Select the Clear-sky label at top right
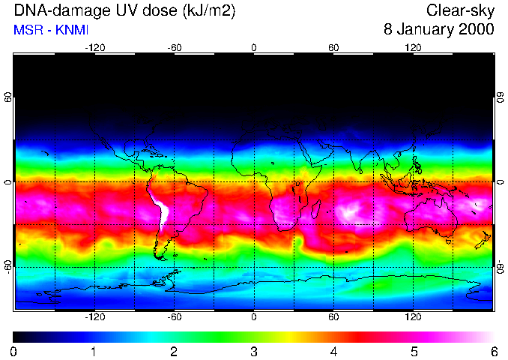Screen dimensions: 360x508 click(x=460, y=10)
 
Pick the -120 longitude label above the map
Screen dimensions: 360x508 click(x=94, y=47)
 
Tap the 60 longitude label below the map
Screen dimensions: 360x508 click(x=334, y=316)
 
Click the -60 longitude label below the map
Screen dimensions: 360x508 click(x=175, y=316)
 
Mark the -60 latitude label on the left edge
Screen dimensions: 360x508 click(x=7, y=267)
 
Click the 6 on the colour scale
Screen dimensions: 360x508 click(x=494, y=351)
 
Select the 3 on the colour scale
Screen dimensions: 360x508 click(x=253, y=351)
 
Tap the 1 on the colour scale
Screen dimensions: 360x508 click(x=94, y=351)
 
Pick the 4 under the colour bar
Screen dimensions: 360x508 click(x=333, y=351)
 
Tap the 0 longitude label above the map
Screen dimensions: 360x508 click(x=254, y=47)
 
